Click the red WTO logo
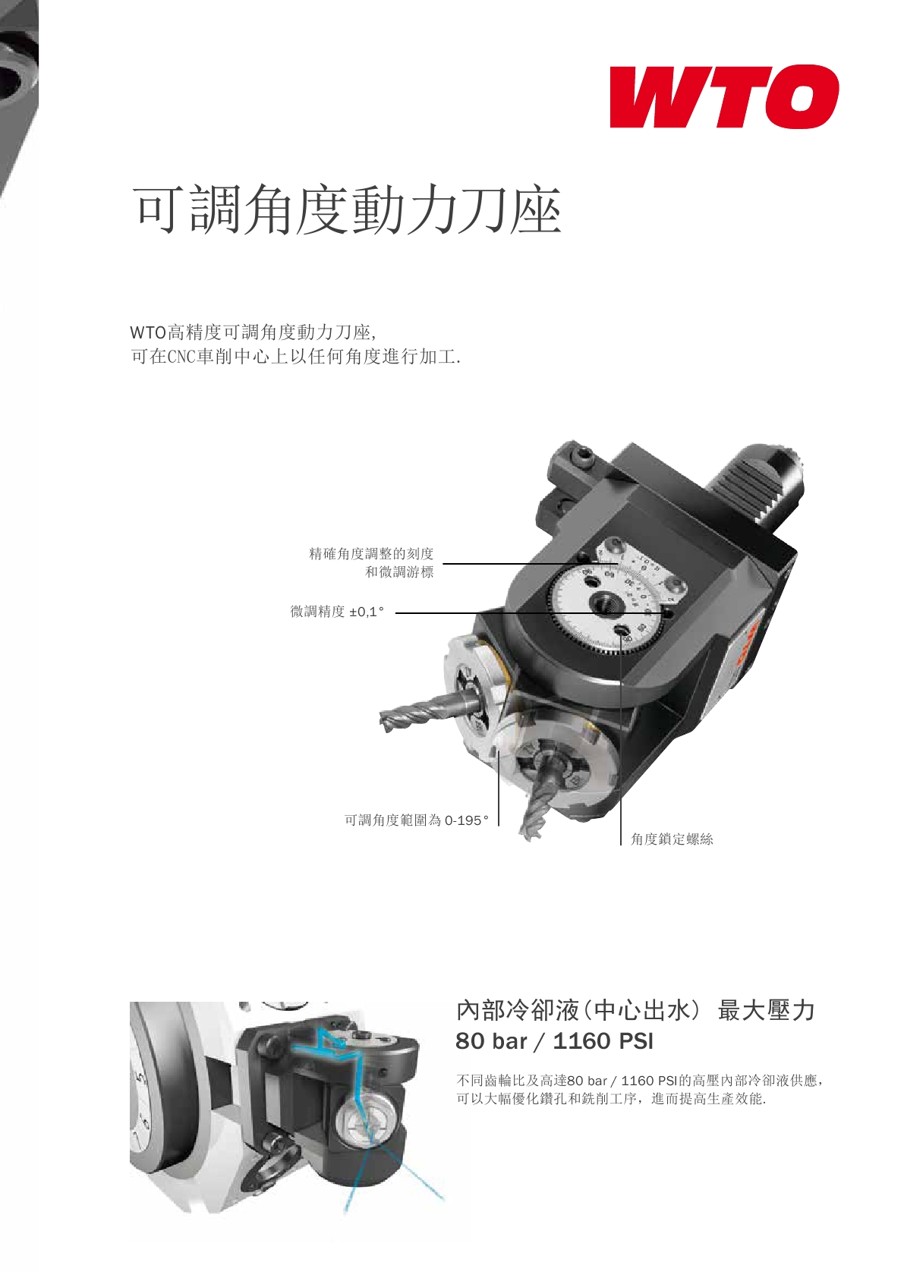coord(724,96)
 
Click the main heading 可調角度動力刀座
coord(347,209)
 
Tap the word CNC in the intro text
coord(181,357)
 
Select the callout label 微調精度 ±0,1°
coord(337,612)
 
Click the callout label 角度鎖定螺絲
coord(672,839)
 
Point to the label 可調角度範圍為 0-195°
coord(417,820)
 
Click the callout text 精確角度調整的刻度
coord(371,553)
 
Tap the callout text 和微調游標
coord(399,571)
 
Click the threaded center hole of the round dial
coord(603,603)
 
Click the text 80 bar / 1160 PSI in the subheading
coord(554,1041)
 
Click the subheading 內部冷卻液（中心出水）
coord(578,1010)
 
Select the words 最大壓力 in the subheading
coord(767,1010)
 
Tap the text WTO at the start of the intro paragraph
coord(148,332)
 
